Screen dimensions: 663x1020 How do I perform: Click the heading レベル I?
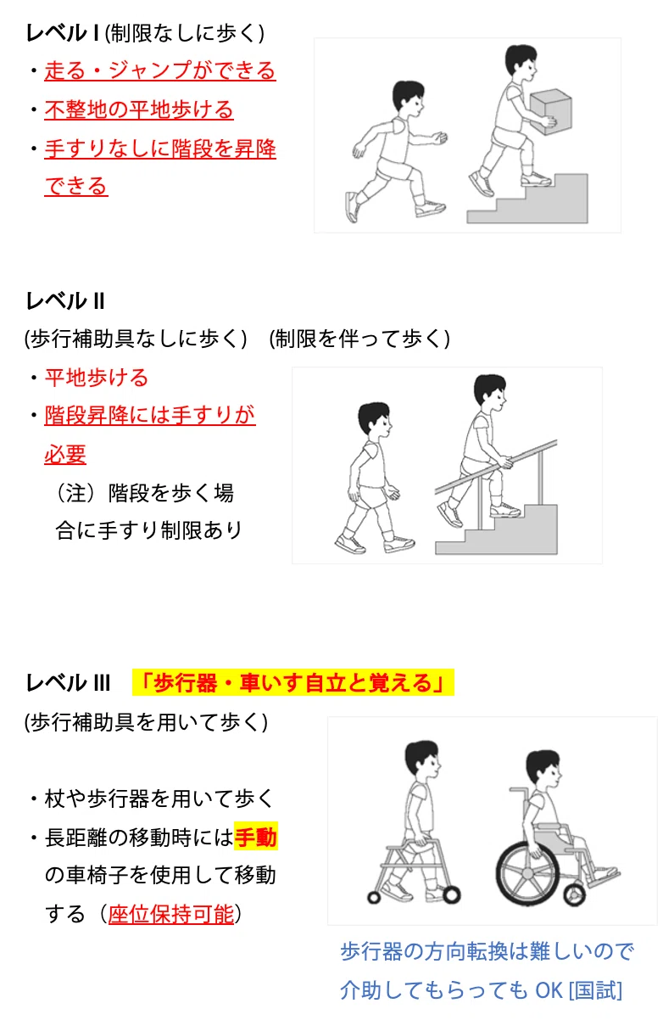point(63,33)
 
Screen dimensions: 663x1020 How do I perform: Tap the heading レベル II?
point(65,301)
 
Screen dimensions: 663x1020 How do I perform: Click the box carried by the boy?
point(550,111)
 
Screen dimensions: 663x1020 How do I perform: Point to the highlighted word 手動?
point(256,837)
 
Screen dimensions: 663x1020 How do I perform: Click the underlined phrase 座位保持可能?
point(171,914)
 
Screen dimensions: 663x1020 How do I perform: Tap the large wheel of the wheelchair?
point(528,873)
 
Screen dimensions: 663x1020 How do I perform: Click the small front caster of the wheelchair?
point(574,894)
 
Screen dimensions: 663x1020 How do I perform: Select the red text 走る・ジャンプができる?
point(160,70)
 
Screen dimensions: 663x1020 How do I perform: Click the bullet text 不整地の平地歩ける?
point(139,109)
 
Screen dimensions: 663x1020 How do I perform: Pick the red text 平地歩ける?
point(97,378)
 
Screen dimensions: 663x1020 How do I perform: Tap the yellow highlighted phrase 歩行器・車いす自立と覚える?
point(293,682)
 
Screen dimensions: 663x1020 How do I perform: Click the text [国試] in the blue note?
point(595,990)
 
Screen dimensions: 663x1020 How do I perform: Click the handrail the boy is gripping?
point(496,467)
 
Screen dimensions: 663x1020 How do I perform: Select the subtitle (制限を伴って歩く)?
point(359,339)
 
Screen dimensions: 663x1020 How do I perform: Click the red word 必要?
point(65,454)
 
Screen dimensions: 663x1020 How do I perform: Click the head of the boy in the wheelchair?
point(543,769)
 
